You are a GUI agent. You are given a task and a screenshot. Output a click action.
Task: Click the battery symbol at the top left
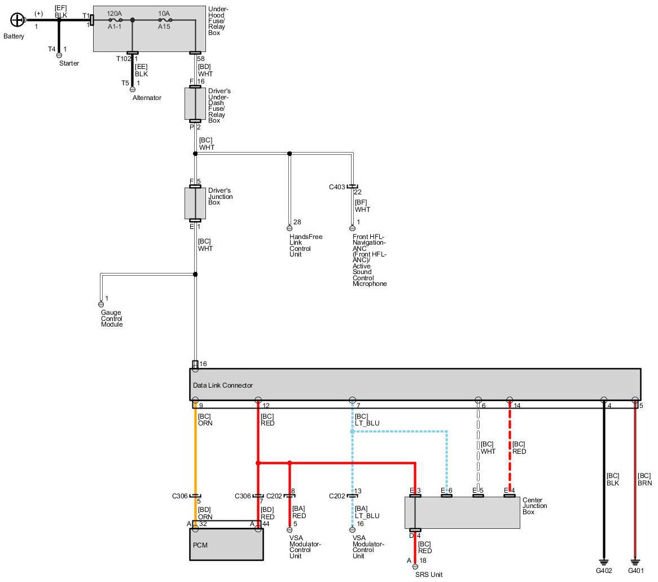pos(17,20)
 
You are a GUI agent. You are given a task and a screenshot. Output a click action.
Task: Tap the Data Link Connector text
pos(222,385)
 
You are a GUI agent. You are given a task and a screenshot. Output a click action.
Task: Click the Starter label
pos(69,63)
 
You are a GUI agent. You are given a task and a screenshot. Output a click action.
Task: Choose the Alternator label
pos(147,98)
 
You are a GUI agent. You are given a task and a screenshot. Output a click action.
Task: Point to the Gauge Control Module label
pos(112,319)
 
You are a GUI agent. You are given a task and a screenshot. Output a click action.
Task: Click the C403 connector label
pos(337,186)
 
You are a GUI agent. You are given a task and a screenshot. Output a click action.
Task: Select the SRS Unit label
pos(428,575)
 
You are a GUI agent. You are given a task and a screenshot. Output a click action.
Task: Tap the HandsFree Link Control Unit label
pos(305,245)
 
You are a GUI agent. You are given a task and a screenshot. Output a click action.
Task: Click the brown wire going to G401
pos(635,509)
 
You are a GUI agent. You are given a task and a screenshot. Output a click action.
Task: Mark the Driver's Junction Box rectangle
pos(195,203)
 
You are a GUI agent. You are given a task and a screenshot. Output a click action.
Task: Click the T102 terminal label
pos(124,58)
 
